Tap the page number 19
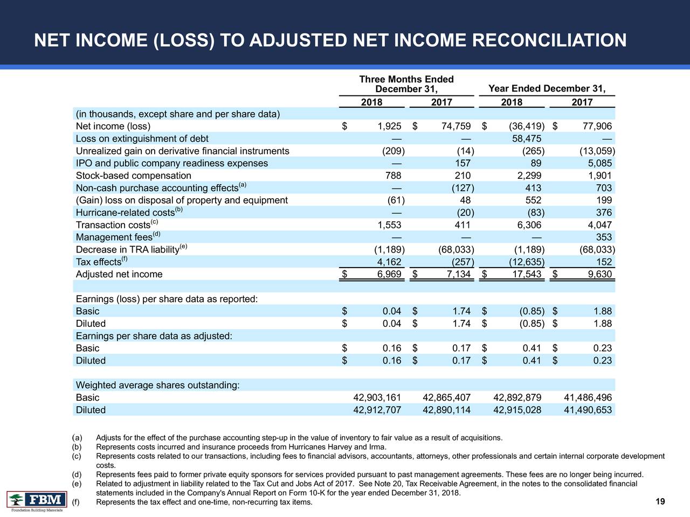pos(660,502)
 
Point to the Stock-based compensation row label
pos(133,176)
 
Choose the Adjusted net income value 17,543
pos(525,275)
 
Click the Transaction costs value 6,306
pos(529,225)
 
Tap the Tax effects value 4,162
pos(389,262)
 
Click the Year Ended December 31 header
pos(546,89)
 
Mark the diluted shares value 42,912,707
pos(377,410)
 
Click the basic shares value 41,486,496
pos(587,397)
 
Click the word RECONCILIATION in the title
pos(548,40)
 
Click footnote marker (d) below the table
pos(77,474)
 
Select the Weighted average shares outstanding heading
pos(157,385)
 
